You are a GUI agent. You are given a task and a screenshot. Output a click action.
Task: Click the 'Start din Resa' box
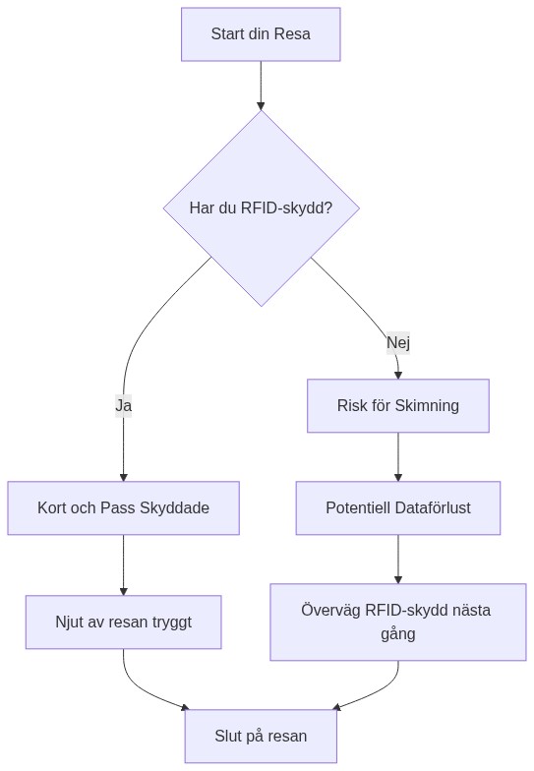pos(261,34)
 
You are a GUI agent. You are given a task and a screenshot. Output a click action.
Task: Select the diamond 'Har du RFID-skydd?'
pos(261,208)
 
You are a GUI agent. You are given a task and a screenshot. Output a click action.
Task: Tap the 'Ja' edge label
pos(123,405)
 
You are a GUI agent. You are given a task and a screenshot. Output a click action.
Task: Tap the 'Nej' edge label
pos(397,342)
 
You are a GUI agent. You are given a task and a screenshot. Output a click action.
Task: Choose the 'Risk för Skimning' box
pos(397,405)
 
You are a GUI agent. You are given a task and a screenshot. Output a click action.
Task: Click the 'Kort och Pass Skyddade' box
pos(123,508)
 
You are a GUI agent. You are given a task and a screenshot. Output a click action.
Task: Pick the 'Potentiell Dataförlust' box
pos(397,508)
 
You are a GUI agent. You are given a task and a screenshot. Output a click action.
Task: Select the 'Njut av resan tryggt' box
pos(123,622)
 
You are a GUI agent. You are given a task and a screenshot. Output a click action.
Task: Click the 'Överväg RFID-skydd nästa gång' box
pos(397,622)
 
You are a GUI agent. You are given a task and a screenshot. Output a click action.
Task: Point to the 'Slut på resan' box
pos(261,736)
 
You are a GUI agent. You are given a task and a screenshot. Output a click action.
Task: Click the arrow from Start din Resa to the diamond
pos(261,86)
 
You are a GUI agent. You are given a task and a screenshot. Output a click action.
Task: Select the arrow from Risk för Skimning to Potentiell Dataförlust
pos(397,456)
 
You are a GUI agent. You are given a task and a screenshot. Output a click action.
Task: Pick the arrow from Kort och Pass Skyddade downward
pos(123,564)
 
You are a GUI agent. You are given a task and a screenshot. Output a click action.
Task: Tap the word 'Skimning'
pos(426,405)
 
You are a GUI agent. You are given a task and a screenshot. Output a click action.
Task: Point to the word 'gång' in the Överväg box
pos(397,634)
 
